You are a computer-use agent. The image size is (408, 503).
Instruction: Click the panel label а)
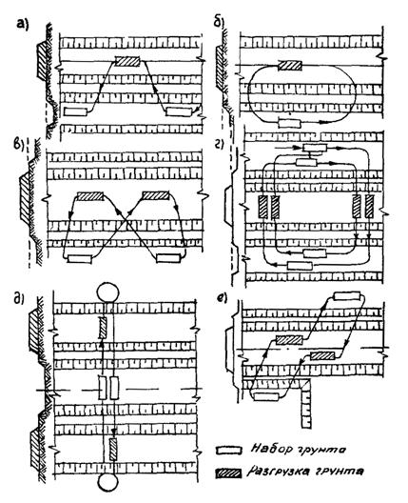(x=23, y=25)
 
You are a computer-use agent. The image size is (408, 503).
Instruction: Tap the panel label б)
(x=220, y=24)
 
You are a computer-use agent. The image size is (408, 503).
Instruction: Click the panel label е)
(x=222, y=298)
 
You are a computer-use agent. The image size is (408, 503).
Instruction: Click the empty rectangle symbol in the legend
(x=228, y=451)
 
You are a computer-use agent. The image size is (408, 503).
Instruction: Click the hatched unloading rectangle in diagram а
(x=127, y=61)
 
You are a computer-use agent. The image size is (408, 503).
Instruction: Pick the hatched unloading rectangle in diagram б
(x=289, y=66)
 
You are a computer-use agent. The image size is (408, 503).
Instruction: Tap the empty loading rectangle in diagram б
(x=290, y=123)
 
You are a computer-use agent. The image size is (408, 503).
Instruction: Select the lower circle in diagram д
(x=107, y=482)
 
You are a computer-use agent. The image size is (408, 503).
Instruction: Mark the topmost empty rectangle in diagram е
(x=347, y=295)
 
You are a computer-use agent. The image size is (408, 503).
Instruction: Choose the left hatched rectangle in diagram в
(x=90, y=196)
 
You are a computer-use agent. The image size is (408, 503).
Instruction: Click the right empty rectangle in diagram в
(x=168, y=258)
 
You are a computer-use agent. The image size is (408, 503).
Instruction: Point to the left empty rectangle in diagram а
(x=75, y=112)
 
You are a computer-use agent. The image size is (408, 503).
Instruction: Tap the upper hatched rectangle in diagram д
(x=103, y=328)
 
